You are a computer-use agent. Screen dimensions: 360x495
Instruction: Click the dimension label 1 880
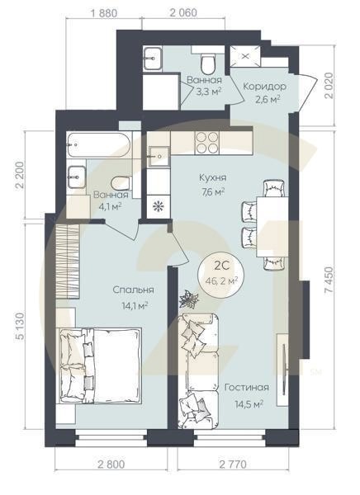[x=104, y=13]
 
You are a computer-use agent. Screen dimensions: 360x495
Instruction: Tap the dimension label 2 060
[x=183, y=12]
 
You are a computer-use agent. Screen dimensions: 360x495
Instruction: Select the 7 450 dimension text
[x=329, y=280]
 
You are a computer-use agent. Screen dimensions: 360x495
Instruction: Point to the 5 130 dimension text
[x=20, y=326]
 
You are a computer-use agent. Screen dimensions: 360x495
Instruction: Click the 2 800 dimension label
[x=111, y=464]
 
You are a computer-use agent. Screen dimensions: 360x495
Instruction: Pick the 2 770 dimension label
[x=232, y=464]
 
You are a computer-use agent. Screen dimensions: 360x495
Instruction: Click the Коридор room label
[x=264, y=86]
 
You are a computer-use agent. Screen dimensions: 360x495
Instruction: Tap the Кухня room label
[x=213, y=177]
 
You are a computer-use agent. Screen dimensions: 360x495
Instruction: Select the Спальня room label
[x=133, y=290]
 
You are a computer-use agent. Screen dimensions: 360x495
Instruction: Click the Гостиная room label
[x=247, y=388]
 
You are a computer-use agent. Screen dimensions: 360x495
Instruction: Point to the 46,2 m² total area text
[x=221, y=280]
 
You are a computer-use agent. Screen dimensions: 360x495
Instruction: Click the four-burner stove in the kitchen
[x=207, y=143]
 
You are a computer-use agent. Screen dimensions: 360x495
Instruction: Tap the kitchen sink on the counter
[x=159, y=156]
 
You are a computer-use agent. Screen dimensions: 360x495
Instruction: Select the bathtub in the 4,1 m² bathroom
[x=99, y=144]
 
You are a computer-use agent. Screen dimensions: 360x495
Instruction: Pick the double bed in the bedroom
[x=99, y=365]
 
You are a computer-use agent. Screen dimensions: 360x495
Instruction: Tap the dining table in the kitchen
[x=272, y=226]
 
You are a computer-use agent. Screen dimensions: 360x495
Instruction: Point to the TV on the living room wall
[x=286, y=360]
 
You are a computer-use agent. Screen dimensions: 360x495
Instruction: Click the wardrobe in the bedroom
[x=68, y=261]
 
